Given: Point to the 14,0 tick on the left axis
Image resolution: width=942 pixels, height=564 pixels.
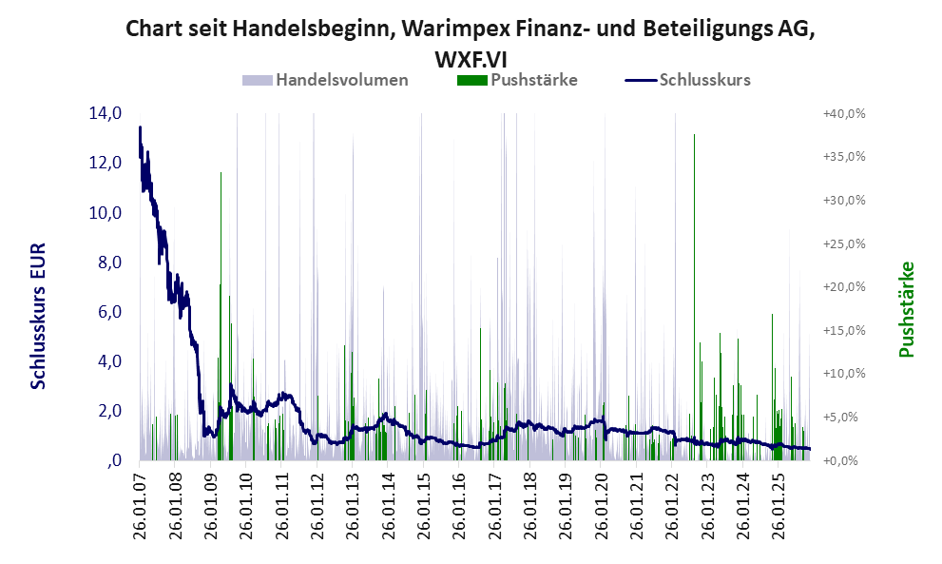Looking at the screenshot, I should [x=105, y=114].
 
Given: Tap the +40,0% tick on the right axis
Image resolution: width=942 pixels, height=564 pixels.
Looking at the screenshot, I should [x=843, y=114].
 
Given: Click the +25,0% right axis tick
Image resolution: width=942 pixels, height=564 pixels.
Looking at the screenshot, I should [x=843, y=243].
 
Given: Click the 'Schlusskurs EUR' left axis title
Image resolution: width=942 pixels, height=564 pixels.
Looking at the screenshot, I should [x=39, y=315].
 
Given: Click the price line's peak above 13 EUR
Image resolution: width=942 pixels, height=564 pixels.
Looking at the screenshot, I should [x=140, y=127].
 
